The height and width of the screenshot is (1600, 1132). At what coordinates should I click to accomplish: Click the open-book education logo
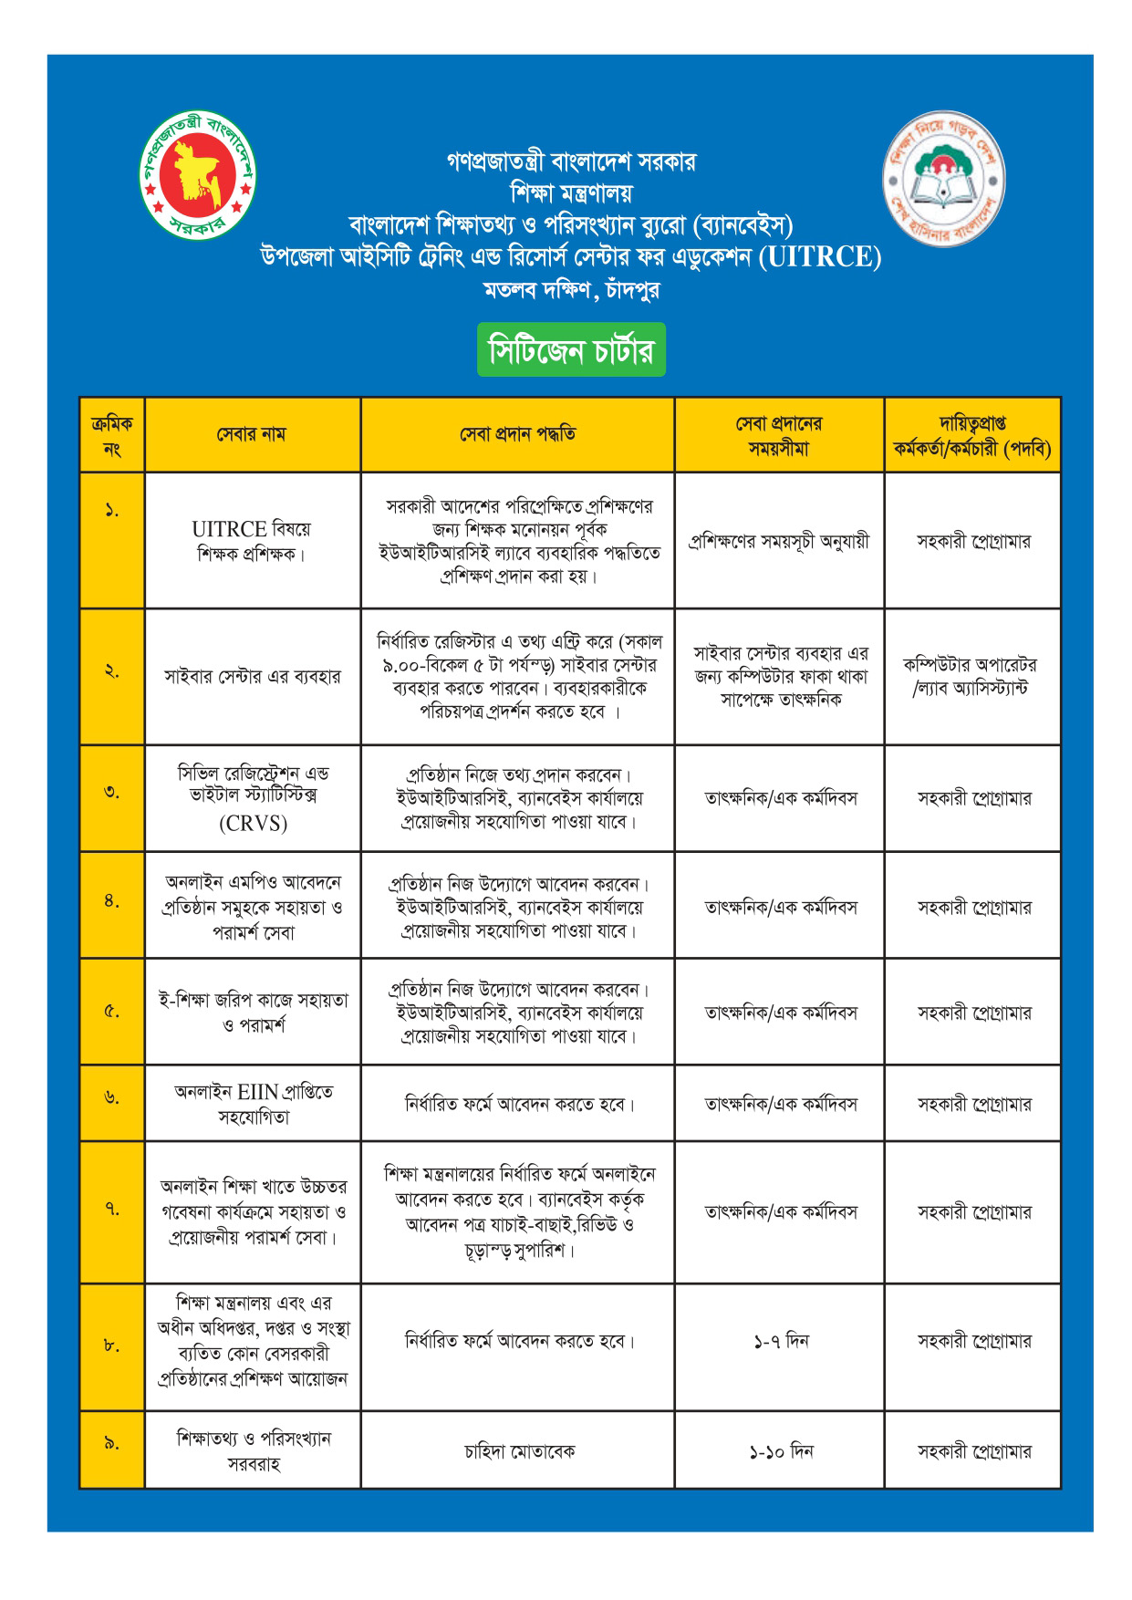[x=944, y=179]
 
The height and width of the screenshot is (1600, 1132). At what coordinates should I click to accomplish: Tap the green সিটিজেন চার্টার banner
[x=571, y=350]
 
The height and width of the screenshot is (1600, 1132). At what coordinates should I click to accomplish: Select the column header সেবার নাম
[x=252, y=434]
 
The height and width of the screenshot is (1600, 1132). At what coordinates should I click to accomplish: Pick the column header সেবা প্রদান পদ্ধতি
[x=517, y=434]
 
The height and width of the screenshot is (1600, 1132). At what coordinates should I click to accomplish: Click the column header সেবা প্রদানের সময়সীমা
[x=778, y=435]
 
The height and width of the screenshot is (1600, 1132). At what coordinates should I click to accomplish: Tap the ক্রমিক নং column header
[x=111, y=435]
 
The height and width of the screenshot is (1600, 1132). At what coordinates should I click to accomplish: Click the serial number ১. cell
[x=111, y=511]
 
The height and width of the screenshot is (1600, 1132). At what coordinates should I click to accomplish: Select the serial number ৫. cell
[x=111, y=1011]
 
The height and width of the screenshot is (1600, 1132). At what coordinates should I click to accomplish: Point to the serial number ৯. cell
[x=111, y=1443]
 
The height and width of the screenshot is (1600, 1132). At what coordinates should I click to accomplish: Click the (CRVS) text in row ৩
[x=253, y=824]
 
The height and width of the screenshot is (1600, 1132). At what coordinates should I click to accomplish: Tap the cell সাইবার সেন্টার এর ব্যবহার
[x=253, y=677]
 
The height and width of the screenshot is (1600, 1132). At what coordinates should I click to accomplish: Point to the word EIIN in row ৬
[x=258, y=1091]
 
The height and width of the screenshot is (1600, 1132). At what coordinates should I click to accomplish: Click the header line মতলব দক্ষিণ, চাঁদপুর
[x=571, y=290]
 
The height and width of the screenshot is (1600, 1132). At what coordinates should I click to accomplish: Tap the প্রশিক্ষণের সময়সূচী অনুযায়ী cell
[x=778, y=541]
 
